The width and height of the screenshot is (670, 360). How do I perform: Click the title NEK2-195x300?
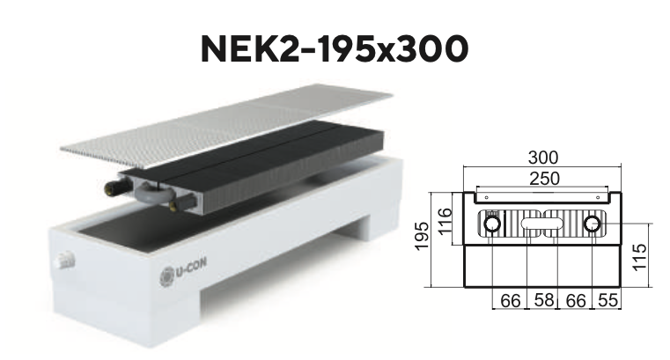[335, 48]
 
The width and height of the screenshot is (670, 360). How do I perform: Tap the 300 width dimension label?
[543, 158]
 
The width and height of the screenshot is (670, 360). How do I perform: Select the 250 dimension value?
[544, 179]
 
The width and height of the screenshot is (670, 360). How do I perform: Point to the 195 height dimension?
[422, 236]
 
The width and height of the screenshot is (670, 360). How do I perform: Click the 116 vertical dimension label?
[445, 220]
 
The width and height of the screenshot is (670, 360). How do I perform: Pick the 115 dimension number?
[640, 257]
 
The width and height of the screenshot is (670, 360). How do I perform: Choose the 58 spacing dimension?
[543, 300]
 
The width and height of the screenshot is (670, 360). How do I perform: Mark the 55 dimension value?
[607, 300]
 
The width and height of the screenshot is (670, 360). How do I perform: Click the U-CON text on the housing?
[190, 268]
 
